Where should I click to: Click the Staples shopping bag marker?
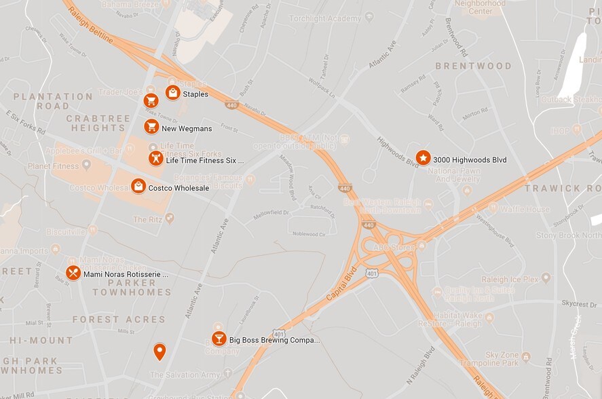pyautogui.click(x=173, y=92)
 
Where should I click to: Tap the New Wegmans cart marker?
pyautogui.click(x=151, y=127)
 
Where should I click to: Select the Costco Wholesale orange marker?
pyautogui.click(x=138, y=186)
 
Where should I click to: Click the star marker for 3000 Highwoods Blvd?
pyautogui.click(x=423, y=158)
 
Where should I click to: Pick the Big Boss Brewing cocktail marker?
pyautogui.click(x=219, y=339)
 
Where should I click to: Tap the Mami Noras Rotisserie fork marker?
pyautogui.click(x=73, y=273)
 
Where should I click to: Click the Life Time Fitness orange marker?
pyautogui.click(x=156, y=158)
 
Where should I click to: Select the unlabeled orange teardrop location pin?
pyautogui.click(x=159, y=351)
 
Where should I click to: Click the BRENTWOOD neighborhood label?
pyautogui.click(x=473, y=66)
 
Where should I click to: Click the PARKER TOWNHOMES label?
pyautogui.click(x=132, y=287)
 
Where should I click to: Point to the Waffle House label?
pyautogui.click(x=525, y=209)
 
